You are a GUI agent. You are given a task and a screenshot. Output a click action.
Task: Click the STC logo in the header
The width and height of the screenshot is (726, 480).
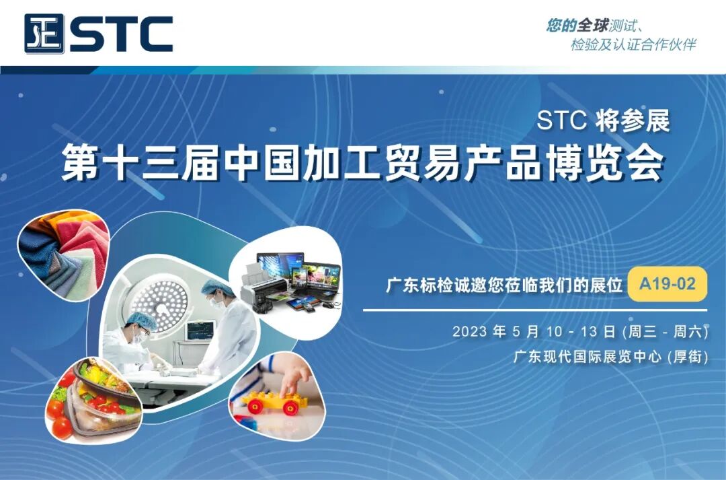[99, 34]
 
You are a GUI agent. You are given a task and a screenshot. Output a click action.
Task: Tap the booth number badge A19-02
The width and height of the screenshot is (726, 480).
[667, 284]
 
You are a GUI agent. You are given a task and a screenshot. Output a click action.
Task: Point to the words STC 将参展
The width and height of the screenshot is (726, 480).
[603, 122]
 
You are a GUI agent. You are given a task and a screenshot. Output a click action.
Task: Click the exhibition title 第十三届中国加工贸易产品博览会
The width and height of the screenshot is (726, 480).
[363, 163]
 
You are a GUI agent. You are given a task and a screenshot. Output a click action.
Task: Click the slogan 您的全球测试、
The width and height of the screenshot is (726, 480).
[596, 26]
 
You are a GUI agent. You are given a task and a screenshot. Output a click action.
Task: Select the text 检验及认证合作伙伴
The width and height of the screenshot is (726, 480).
[633, 45]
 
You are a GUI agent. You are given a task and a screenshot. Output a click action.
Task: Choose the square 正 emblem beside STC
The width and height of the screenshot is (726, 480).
[44, 34]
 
